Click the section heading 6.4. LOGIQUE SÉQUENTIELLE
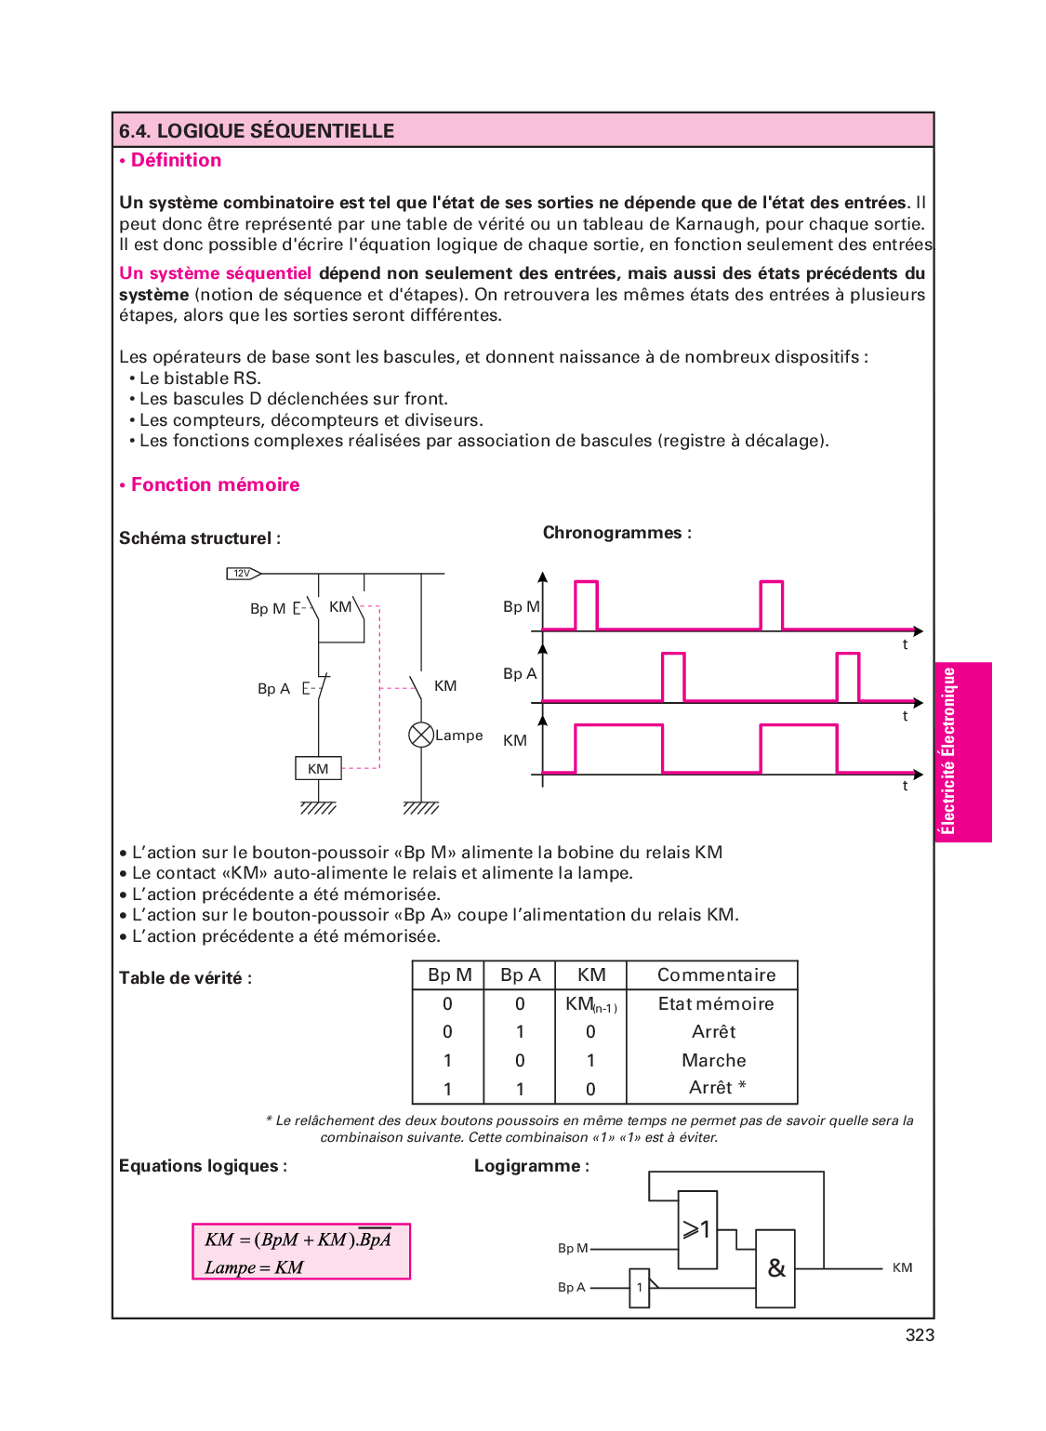click(x=257, y=131)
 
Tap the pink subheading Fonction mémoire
click(x=215, y=484)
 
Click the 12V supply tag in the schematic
click(x=243, y=574)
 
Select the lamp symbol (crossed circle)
click(x=421, y=735)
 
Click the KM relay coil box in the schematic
click(x=318, y=769)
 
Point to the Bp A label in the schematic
click(x=273, y=689)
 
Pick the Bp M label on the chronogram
click(x=521, y=607)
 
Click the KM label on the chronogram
click(x=515, y=741)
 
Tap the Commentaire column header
click(x=716, y=975)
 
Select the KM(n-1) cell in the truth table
click(x=590, y=1004)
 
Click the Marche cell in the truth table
click(x=713, y=1061)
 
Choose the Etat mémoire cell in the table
click(x=716, y=1004)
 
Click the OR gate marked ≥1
click(x=697, y=1229)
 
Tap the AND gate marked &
click(x=775, y=1268)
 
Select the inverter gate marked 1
click(x=639, y=1288)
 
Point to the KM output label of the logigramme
click(x=902, y=1268)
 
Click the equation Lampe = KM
click(x=254, y=1267)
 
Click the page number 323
click(x=920, y=1335)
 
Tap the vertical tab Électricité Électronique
click(x=948, y=751)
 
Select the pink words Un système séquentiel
click(x=215, y=273)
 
